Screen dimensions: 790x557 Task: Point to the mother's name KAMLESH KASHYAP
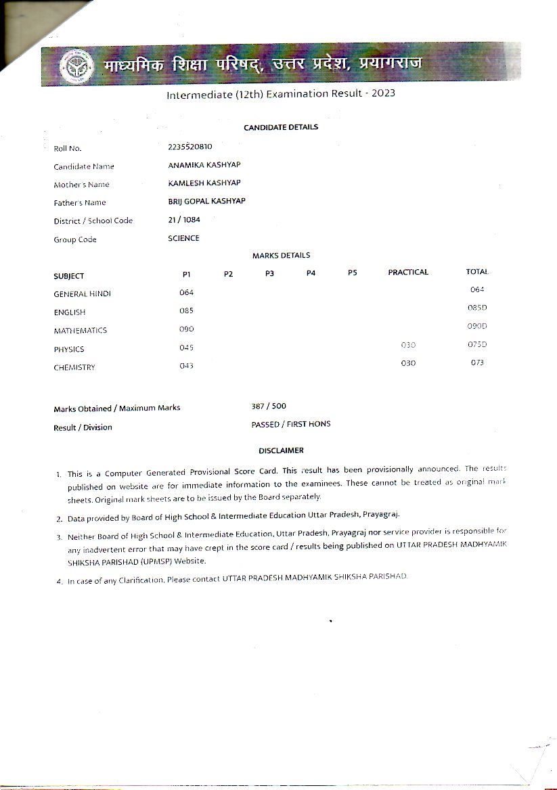click(204, 183)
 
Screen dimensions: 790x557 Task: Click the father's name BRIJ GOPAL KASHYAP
click(206, 201)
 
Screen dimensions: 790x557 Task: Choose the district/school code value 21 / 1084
click(184, 219)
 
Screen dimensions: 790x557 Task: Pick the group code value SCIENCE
click(183, 238)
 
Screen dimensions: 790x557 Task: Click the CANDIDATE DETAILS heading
click(281, 127)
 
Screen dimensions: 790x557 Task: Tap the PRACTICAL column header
click(408, 272)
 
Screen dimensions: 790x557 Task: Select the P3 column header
click(269, 273)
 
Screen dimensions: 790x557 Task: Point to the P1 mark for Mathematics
click(187, 329)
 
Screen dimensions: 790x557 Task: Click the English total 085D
click(477, 308)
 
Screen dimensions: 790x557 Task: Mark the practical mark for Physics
click(408, 345)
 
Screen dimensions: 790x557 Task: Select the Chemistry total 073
click(477, 363)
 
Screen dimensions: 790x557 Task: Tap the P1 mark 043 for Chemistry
click(187, 366)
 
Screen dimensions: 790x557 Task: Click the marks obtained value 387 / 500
click(269, 406)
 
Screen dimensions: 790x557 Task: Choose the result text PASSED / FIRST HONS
click(290, 424)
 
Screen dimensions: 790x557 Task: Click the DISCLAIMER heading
click(281, 450)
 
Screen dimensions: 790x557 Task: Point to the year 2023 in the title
click(382, 93)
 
